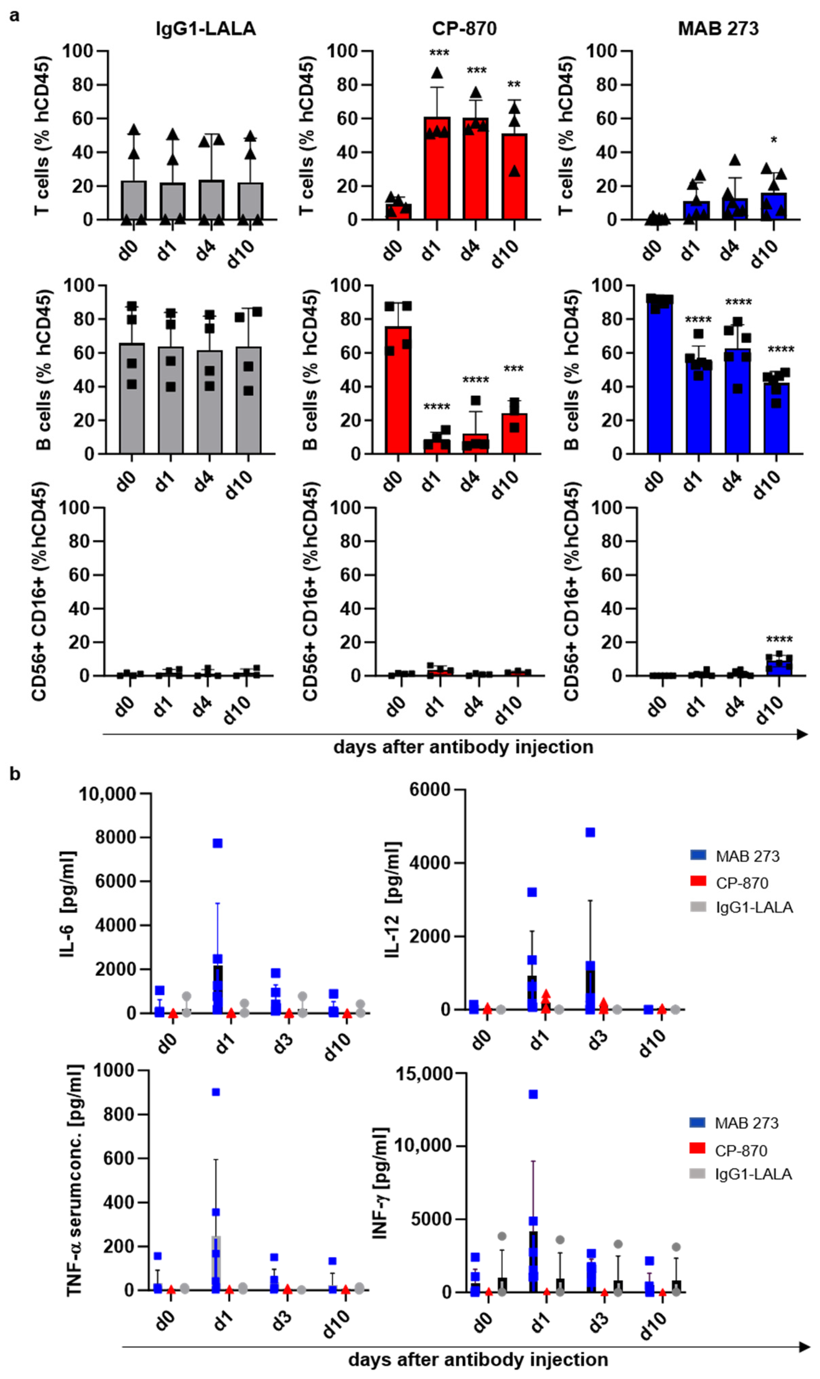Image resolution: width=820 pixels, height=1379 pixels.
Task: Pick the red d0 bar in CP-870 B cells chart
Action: [x=398, y=398]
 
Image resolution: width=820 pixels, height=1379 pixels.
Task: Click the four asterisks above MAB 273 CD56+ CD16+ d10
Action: [x=779, y=640]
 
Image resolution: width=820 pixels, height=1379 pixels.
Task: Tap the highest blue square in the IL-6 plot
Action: [x=218, y=843]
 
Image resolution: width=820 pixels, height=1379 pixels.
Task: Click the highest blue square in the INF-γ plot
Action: [x=533, y=1094]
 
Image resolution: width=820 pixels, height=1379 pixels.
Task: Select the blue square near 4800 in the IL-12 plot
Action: [x=590, y=832]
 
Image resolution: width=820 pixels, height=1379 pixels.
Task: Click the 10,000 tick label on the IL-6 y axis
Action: [x=107, y=794]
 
